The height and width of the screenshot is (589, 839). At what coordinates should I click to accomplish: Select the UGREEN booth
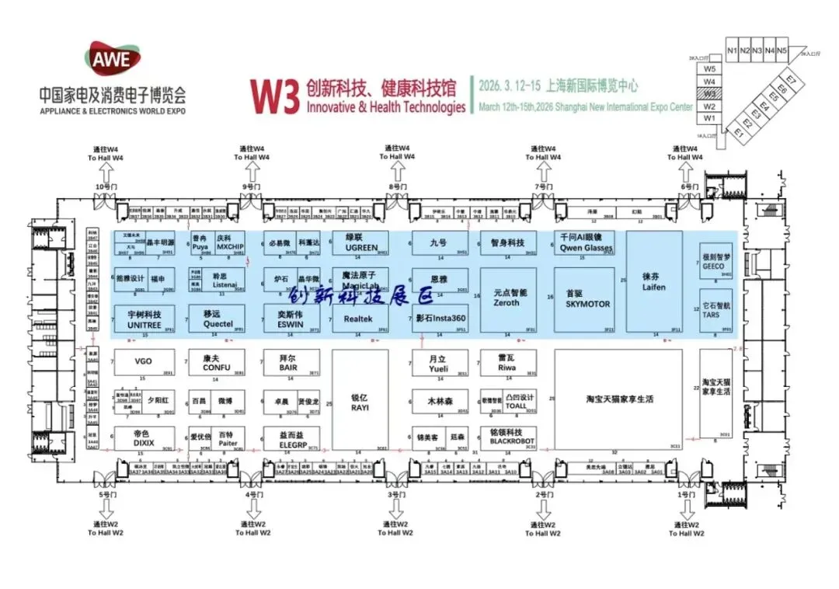(x=360, y=243)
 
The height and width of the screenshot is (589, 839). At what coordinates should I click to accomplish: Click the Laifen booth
(x=654, y=281)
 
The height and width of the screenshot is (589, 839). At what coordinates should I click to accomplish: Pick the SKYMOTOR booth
(x=587, y=299)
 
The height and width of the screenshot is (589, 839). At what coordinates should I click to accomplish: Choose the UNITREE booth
(x=144, y=319)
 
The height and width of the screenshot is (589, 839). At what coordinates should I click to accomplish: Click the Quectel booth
(x=218, y=319)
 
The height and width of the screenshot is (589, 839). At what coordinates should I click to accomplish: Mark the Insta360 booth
(x=440, y=319)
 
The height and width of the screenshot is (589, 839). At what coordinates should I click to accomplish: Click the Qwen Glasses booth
(x=587, y=243)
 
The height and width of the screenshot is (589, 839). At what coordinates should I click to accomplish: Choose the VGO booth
(x=144, y=362)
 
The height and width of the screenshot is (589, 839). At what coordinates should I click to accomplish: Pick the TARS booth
(x=715, y=312)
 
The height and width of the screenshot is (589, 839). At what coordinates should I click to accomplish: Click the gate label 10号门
(x=104, y=188)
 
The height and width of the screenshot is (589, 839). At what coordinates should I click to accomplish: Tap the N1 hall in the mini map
(x=732, y=51)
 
